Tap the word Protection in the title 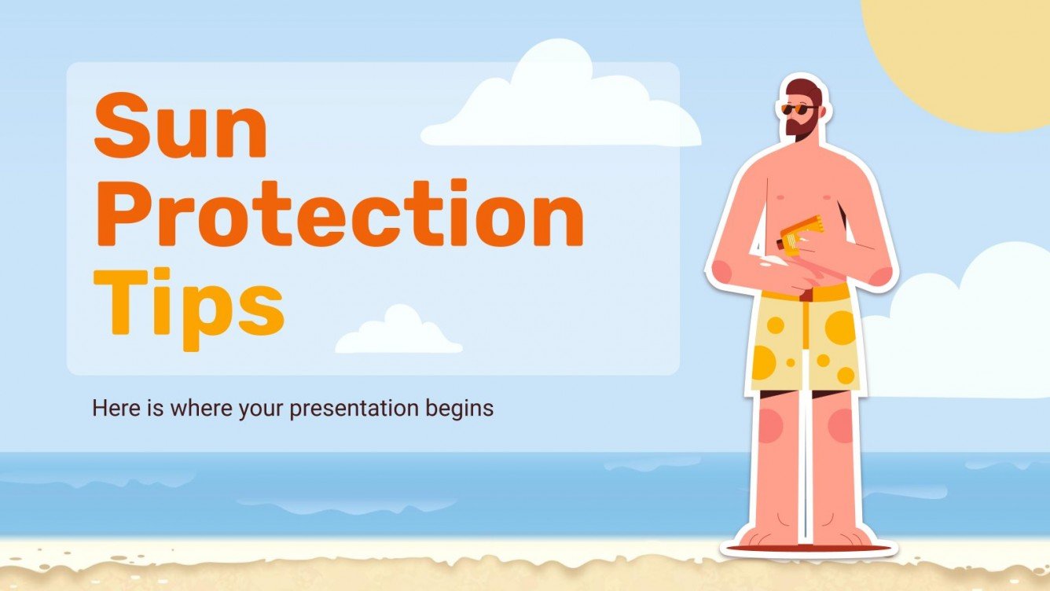click(x=338, y=213)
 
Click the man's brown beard click(x=802, y=127)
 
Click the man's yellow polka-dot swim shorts click(x=802, y=346)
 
